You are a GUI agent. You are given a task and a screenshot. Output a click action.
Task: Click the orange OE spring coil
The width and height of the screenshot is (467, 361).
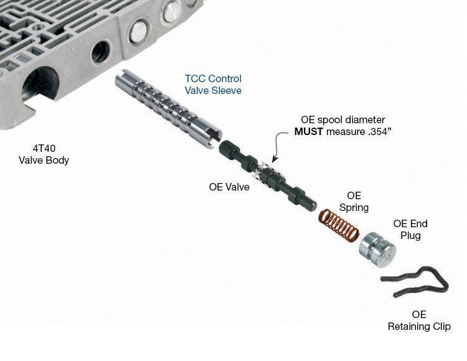(x=339, y=225)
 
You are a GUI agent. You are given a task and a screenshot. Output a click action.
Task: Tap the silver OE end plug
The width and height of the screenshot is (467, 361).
(x=377, y=250)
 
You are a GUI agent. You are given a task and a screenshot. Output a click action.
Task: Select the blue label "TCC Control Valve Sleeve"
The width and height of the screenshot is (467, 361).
(x=213, y=85)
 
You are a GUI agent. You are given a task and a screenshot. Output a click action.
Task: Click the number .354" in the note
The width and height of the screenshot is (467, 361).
(x=371, y=131)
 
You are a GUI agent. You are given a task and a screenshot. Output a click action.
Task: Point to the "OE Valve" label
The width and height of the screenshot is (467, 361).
(x=229, y=186)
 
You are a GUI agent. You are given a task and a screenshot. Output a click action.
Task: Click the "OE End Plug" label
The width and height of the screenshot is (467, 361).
(x=410, y=229)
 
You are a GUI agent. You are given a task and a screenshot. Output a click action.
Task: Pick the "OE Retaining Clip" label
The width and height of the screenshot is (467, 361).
(x=419, y=321)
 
